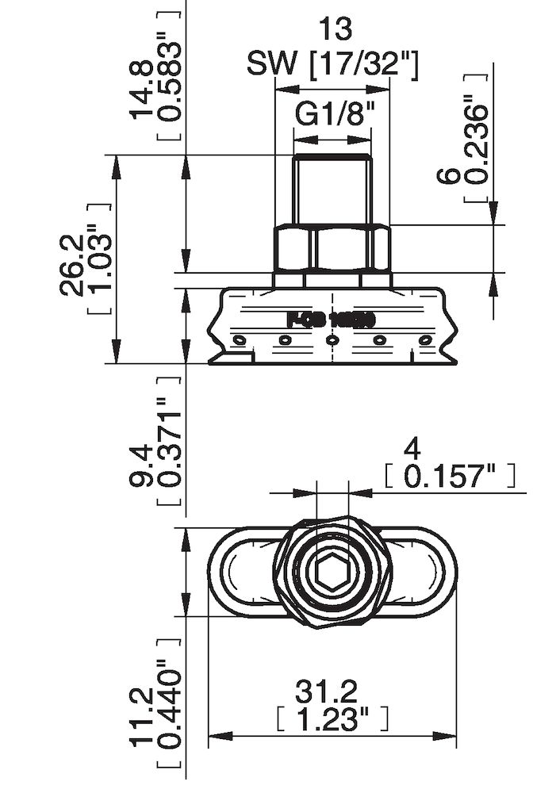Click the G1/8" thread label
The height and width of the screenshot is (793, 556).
(333, 116)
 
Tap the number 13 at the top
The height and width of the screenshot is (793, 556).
(333, 29)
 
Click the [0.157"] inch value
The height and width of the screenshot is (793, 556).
(450, 477)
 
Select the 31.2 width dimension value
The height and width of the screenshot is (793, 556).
(332, 692)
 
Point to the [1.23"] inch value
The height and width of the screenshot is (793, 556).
(332, 720)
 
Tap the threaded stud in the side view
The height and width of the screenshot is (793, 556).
(332, 189)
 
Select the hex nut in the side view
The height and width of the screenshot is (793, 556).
(332, 248)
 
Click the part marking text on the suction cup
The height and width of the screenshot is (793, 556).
(330, 320)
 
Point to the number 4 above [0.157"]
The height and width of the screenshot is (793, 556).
(412, 450)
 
